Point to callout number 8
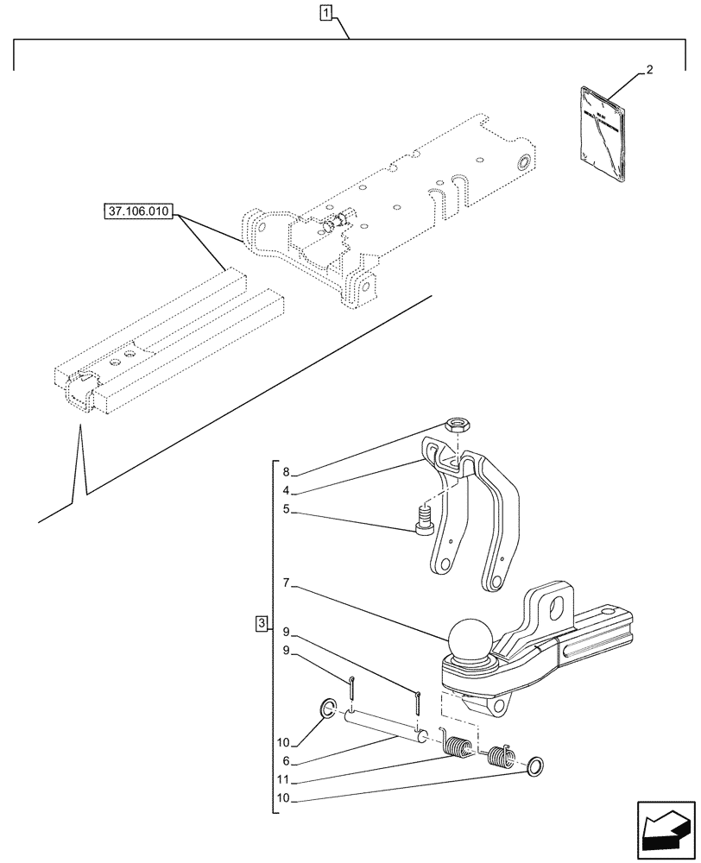point(285,472)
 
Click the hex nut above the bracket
point(457,425)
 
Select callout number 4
point(285,491)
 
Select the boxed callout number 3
point(262,623)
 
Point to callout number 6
point(285,762)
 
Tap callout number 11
point(285,781)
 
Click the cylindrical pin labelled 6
point(384,724)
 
